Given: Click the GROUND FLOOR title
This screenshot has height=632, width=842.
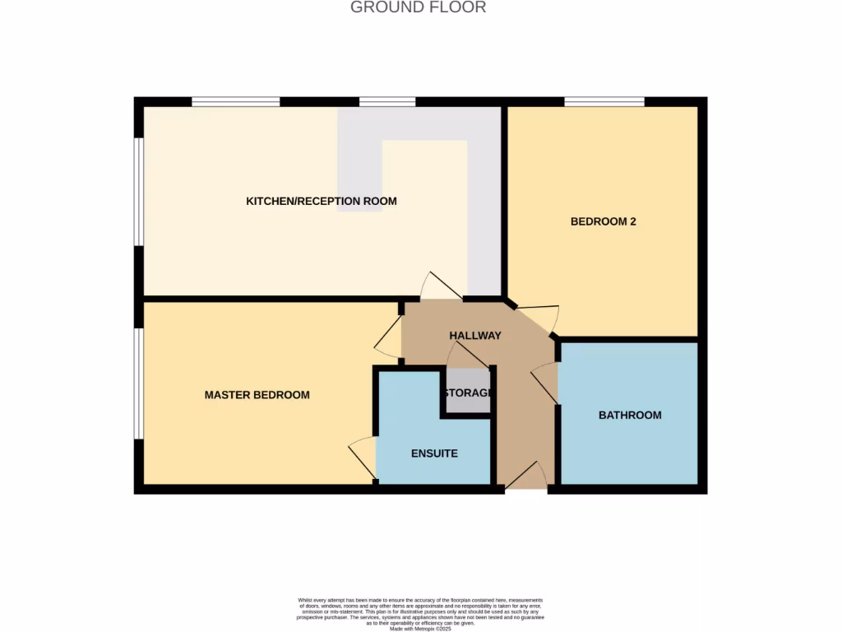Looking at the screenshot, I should pyautogui.click(x=418, y=7).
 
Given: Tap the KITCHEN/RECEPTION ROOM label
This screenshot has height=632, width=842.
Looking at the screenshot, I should pyautogui.click(x=322, y=201).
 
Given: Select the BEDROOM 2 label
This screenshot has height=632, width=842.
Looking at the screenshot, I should pyautogui.click(x=604, y=221).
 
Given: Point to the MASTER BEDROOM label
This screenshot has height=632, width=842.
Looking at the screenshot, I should pyautogui.click(x=257, y=395).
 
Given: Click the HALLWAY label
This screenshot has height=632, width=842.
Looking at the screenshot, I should pyautogui.click(x=474, y=335).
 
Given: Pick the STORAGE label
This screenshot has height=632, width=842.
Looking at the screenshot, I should pyautogui.click(x=468, y=393).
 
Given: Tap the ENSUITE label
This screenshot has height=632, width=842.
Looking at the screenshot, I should pyautogui.click(x=434, y=453).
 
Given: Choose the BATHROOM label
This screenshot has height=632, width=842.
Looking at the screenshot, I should pyautogui.click(x=630, y=415).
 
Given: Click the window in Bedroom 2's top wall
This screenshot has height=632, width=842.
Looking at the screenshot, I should pyautogui.click(x=604, y=102).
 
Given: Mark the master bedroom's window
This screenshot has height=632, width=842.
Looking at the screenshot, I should pyautogui.click(x=139, y=383).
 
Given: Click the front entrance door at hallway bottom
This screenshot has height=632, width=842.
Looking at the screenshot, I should pyautogui.click(x=526, y=476).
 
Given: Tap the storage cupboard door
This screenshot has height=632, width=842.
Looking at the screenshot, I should pyautogui.click(x=466, y=355).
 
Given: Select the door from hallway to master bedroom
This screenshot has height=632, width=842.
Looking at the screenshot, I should pyautogui.click(x=388, y=337).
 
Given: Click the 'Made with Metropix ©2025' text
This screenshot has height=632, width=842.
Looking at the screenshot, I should pyautogui.click(x=420, y=630).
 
